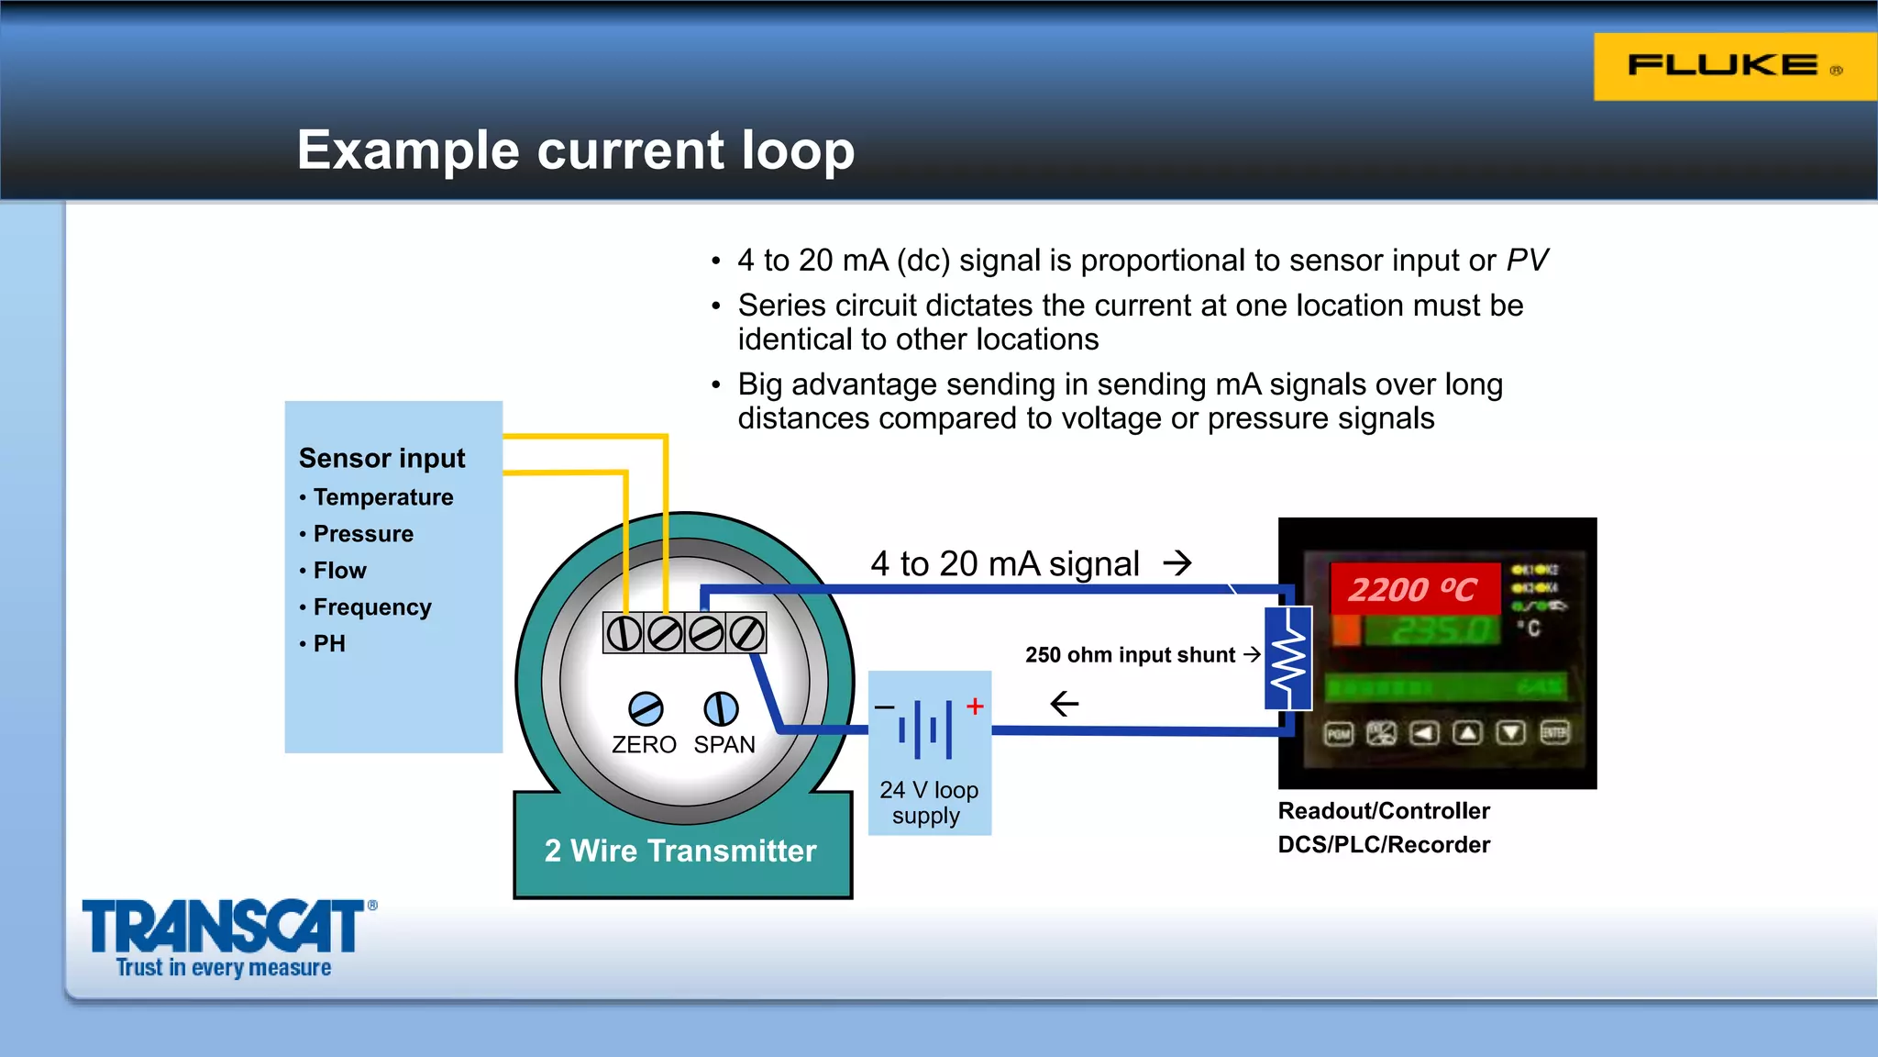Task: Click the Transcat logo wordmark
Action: click(x=224, y=927)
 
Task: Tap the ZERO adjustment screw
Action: click(x=646, y=709)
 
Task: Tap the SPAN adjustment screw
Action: click(x=721, y=709)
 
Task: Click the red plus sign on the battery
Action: click(x=975, y=706)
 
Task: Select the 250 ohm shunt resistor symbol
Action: click(x=1288, y=658)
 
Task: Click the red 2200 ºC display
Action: click(x=1412, y=589)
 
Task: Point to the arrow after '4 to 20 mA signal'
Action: click(x=1177, y=562)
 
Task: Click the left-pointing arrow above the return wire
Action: click(x=1064, y=704)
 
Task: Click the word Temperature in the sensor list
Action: click(x=383, y=497)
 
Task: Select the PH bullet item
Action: click(x=329, y=643)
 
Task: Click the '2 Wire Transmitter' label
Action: click(x=680, y=851)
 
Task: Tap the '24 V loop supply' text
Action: click(x=928, y=803)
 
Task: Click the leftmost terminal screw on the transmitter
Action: click(x=624, y=633)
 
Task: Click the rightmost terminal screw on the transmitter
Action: click(x=746, y=633)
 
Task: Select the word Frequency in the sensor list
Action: click(x=372, y=607)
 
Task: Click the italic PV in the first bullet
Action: click(x=1527, y=261)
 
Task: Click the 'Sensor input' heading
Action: click(x=381, y=458)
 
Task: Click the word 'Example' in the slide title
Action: click(x=408, y=150)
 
